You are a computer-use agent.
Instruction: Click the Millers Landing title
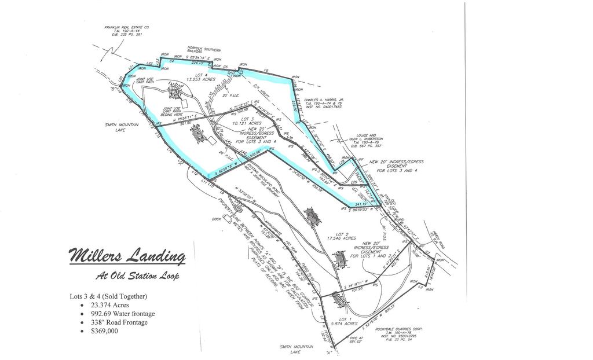click(x=127, y=256)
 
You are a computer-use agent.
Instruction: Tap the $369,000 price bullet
click(x=104, y=331)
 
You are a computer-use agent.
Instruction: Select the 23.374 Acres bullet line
click(x=108, y=305)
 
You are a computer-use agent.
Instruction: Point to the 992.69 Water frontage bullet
click(x=117, y=314)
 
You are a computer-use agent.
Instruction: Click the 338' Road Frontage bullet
click(x=114, y=322)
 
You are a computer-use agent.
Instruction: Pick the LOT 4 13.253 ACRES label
click(x=200, y=78)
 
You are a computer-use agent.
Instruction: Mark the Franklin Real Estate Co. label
click(x=127, y=31)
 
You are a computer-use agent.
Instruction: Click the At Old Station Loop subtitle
click(x=137, y=276)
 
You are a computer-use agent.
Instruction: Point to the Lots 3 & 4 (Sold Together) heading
click(x=109, y=296)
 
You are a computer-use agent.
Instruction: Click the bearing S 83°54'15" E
click(x=199, y=58)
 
